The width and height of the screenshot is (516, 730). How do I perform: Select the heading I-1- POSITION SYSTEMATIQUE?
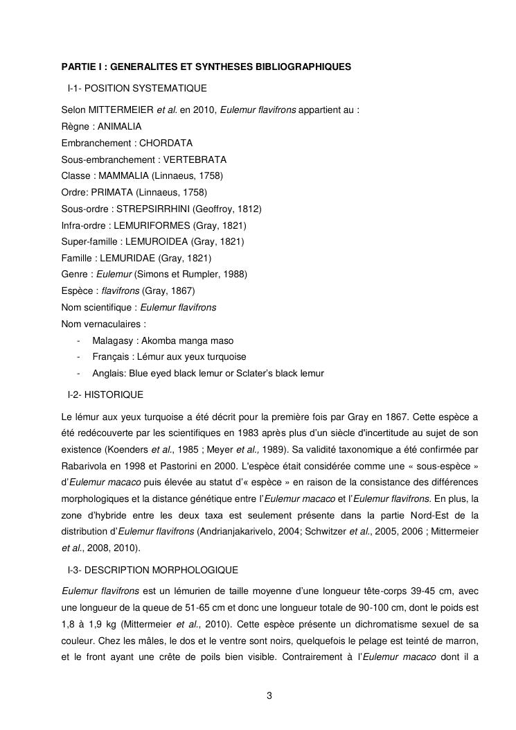pos(137,89)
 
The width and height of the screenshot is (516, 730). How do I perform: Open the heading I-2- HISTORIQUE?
pos(105,394)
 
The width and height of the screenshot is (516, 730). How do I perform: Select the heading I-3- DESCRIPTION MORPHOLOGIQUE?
pos(153,570)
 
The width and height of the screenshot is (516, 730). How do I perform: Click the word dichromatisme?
pos(382,624)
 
